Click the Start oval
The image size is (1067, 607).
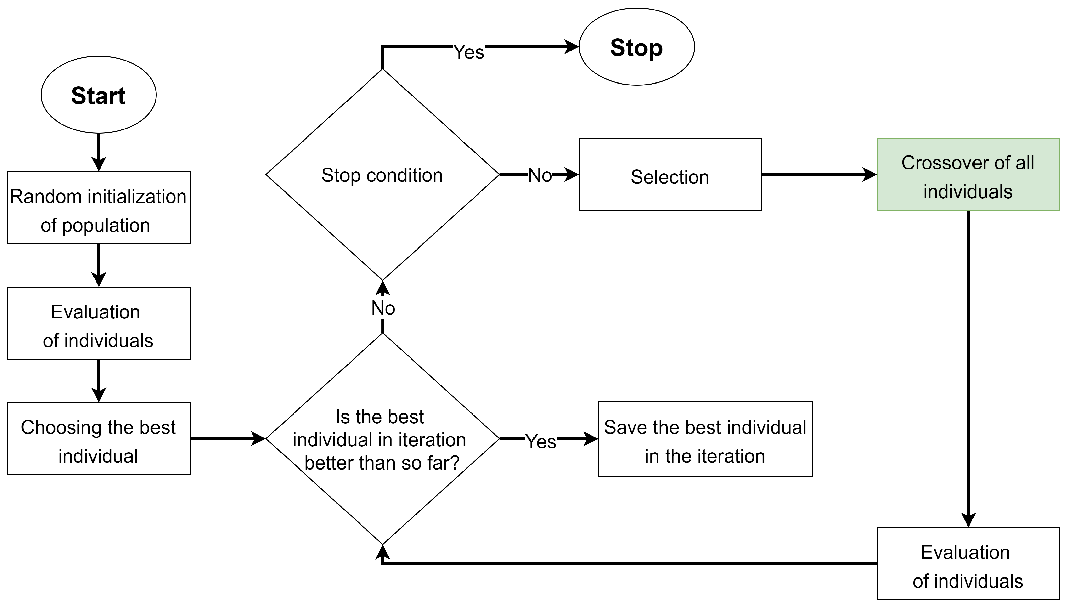click(98, 95)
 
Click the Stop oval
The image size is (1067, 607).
click(636, 47)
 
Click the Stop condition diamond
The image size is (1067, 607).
click(382, 175)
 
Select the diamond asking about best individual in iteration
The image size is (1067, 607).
click(382, 439)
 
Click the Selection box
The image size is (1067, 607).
click(670, 175)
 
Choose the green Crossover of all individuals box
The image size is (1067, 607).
click(968, 175)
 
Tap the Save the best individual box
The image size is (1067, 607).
click(705, 439)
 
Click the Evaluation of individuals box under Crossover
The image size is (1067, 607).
click(968, 564)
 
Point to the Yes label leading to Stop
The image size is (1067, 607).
click(468, 52)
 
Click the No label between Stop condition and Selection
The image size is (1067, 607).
click(540, 175)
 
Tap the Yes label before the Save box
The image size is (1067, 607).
click(541, 441)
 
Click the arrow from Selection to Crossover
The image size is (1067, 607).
click(819, 175)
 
